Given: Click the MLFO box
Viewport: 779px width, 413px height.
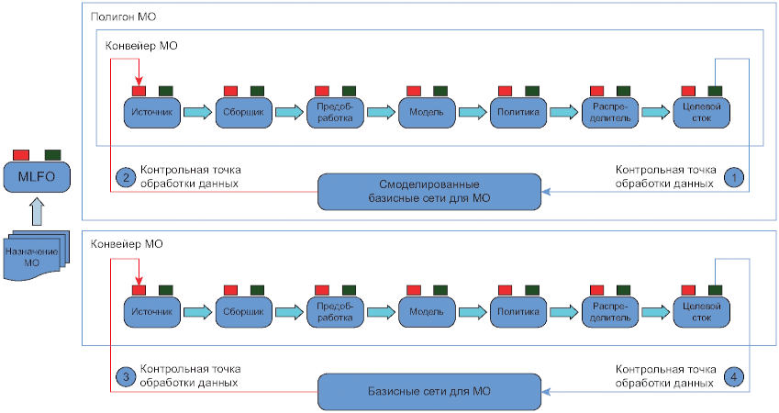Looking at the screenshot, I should click(34, 175).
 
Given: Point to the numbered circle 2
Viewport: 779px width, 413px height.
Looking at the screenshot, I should click(125, 176).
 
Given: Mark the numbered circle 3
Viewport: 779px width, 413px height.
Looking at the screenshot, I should click(125, 376).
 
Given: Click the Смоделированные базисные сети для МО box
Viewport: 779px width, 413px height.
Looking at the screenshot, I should click(429, 190).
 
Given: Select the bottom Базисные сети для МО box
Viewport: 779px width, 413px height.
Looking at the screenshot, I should click(429, 392).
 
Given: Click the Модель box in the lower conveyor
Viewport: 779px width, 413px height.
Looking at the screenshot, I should click(427, 311).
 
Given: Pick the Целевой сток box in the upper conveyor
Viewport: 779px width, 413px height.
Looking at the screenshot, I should click(702, 112).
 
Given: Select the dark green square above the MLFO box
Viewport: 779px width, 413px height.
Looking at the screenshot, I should click(52, 153).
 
